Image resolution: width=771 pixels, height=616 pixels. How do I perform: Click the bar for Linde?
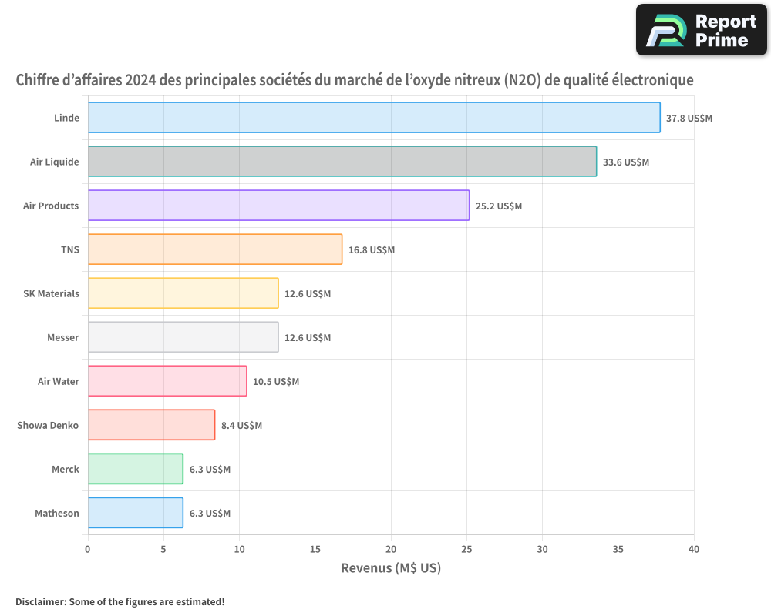374,118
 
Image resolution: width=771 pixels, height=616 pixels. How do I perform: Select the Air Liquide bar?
342,162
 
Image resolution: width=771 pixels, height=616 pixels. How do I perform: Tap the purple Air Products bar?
278,206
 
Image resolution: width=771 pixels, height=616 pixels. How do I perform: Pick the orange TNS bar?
214,249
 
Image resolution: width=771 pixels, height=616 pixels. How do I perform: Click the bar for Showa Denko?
151,425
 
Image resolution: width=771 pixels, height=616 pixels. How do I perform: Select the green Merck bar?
135,469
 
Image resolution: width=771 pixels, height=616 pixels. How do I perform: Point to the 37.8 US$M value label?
689,119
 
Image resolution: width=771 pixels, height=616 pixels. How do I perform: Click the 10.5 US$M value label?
276,382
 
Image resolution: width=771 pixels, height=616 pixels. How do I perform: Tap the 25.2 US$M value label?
499,206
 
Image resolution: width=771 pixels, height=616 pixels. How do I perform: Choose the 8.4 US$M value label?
241,426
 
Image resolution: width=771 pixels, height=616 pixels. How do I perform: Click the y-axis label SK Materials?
51,293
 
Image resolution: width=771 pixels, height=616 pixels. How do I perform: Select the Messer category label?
62,337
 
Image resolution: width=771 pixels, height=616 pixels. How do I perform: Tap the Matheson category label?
56,513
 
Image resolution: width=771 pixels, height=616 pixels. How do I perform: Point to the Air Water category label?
58,381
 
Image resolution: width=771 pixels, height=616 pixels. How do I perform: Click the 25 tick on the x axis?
466,549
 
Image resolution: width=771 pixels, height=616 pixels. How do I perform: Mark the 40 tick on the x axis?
694,549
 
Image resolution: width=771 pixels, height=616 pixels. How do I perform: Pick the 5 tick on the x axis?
163,549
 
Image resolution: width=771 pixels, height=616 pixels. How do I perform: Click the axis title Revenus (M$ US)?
390,568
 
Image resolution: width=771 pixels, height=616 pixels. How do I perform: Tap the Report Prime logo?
701,30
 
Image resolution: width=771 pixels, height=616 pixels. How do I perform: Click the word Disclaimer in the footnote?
40,601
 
